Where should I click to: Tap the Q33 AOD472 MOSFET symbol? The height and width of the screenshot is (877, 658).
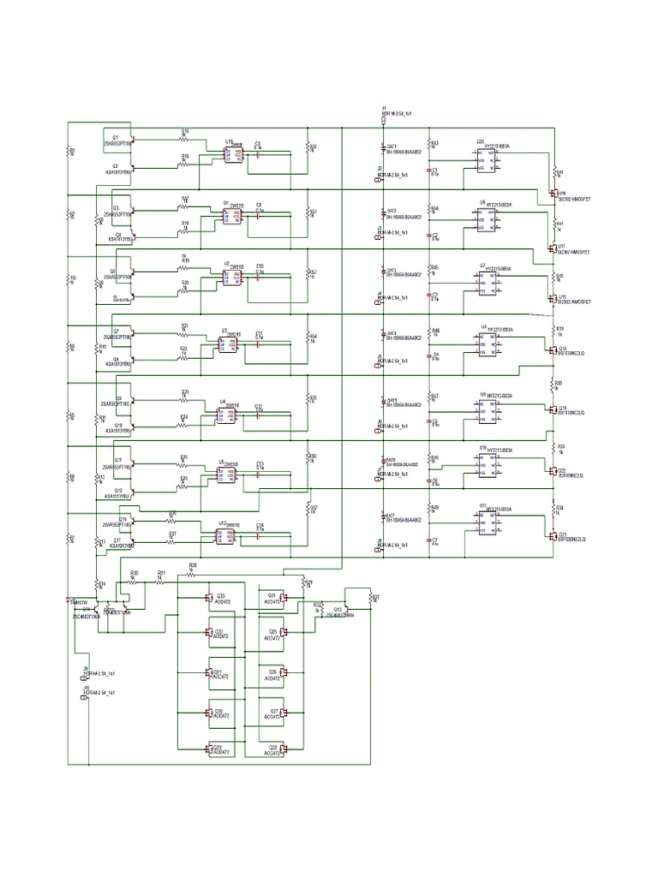point(208,597)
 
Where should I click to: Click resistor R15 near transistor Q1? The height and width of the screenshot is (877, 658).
point(184,138)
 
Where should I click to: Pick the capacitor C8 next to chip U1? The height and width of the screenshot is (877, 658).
point(258,215)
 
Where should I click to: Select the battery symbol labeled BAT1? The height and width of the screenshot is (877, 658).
point(384,149)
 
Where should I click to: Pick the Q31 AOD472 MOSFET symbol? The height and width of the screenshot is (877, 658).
point(208,673)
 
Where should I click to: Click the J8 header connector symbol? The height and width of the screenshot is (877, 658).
point(379,545)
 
